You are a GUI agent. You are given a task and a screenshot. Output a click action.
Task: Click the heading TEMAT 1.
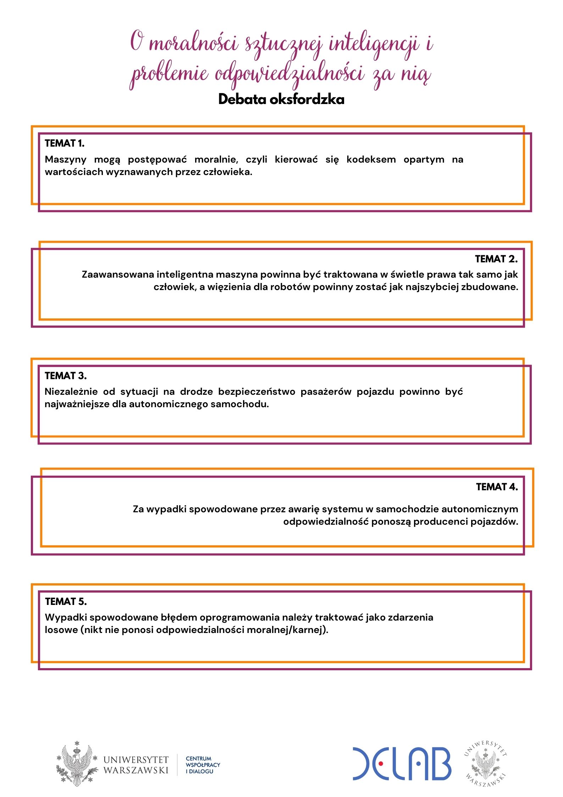[65, 143]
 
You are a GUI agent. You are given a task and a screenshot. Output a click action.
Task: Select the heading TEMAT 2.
[496, 259]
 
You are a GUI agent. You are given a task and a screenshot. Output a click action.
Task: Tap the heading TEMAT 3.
[66, 376]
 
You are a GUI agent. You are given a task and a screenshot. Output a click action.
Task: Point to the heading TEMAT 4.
[497, 487]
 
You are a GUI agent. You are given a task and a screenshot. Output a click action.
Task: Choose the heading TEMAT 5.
[66, 601]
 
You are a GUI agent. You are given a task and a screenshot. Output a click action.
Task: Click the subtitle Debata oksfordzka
[281, 99]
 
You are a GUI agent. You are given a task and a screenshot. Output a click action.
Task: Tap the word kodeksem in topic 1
[371, 159]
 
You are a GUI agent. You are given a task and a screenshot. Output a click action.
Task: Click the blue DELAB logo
[402, 763]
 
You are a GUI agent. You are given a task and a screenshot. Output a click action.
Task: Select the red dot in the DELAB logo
[381, 763]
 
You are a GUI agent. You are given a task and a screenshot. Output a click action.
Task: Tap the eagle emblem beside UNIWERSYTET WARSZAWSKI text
[77, 764]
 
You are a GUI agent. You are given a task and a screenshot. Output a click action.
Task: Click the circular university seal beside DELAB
[485, 764]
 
